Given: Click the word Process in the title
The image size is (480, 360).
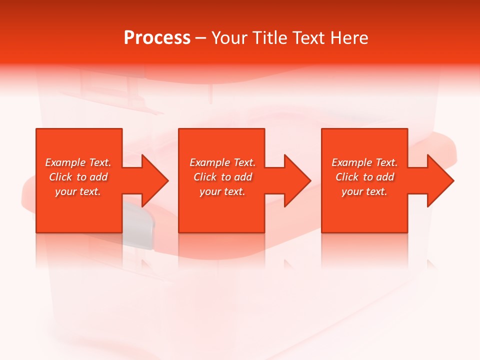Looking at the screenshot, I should point(157,38).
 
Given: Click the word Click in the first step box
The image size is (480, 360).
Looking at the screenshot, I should point(60,177).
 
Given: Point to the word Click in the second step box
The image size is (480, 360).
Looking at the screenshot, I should point(205,177).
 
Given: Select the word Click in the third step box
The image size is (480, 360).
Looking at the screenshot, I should point(347,177).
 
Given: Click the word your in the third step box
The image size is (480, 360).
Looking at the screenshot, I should point(352,191).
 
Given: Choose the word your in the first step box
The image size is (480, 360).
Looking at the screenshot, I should point(65,191).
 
